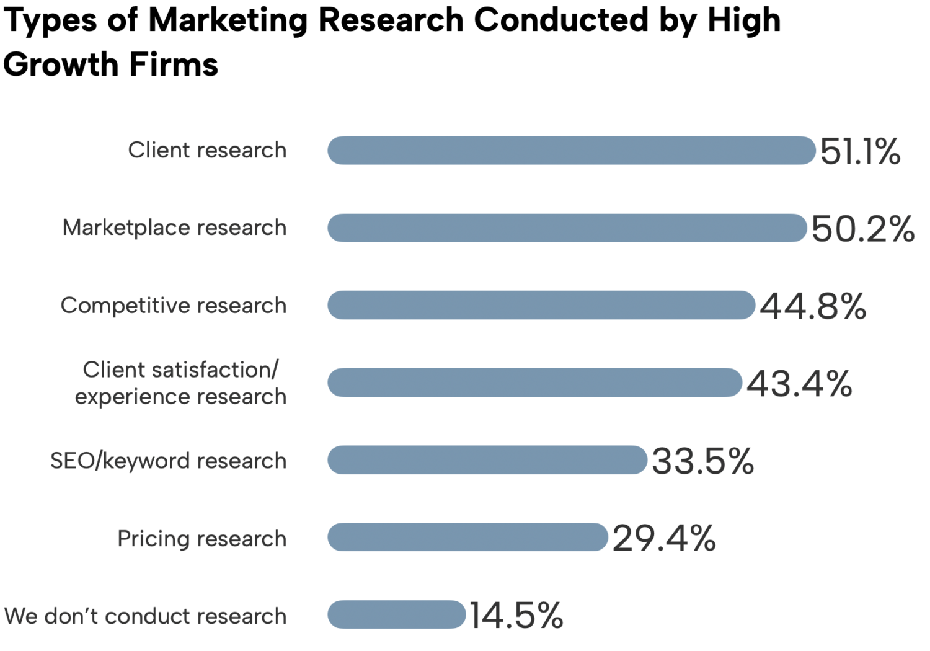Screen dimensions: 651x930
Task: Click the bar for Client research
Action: tap(571, 151)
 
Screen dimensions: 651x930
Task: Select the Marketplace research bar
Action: tap(567, 228)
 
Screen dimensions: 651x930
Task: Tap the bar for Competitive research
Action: tap(541, 306)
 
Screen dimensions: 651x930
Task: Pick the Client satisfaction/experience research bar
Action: tap(534, 383)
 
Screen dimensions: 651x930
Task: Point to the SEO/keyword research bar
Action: tap(487, 460)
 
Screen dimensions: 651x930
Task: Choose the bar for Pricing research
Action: tap(467, 538)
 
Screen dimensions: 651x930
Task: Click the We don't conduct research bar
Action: tap(396, 614)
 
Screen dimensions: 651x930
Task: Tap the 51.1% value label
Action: tap(860, 152)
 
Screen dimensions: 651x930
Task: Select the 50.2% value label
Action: tap(862, 229)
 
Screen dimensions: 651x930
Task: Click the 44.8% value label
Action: tap(813, 306)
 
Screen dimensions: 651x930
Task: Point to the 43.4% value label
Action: tap(799, 384)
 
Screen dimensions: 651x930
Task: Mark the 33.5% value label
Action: tap(702, 461)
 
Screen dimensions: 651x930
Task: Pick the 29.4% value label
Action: tap(664, 538)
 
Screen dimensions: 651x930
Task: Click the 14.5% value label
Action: tap(516, 616)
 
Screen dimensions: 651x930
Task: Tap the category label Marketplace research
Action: tap(174, 228)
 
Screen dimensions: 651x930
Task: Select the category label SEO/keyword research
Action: tap(168, 461)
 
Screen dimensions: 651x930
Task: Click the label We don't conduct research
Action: tap(145, 616)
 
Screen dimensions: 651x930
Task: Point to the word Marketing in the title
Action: tap(228, 20)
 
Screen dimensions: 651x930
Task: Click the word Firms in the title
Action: tap(174, 64)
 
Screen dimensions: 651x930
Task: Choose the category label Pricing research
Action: tap(201, 539)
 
